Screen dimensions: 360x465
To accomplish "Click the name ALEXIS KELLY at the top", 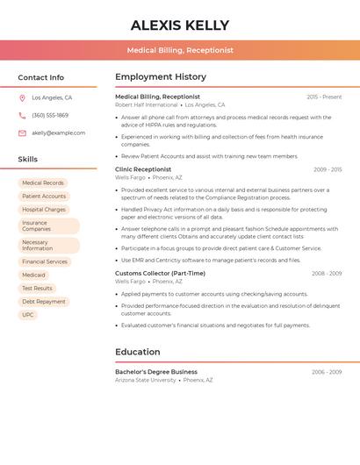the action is click(180, 25).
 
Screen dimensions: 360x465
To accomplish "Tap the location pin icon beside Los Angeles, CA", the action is click(22, 98).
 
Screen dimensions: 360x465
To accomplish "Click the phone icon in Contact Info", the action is click(22, 116).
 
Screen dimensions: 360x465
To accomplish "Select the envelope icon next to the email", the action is click(22, 133).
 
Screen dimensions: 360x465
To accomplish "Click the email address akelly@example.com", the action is click(58, 133).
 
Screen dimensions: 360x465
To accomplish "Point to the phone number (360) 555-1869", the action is click(50, 116).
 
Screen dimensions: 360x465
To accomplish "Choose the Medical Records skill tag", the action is click(43, 183).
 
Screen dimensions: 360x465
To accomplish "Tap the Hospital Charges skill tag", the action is click(44, 210).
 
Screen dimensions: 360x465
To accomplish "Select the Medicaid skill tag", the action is click(33, 275).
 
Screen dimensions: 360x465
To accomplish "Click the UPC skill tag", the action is click(28, 314).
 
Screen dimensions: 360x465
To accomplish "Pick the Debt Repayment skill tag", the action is click(44, 301).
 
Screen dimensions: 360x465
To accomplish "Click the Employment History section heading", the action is click(161, 77).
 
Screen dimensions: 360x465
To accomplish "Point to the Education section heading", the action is click(138, 352).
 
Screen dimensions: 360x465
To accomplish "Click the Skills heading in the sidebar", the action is click(28, 160).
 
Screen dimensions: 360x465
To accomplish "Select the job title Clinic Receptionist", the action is click(143, 169).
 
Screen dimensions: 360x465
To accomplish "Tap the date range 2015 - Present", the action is click(324, 97).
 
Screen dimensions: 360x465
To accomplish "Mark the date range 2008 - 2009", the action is click(327, 274).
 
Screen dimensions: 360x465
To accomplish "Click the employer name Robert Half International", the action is click(147, 104).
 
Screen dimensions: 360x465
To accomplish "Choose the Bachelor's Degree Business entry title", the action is click(156, 372).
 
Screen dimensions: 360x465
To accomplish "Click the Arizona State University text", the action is click(146, 380).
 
